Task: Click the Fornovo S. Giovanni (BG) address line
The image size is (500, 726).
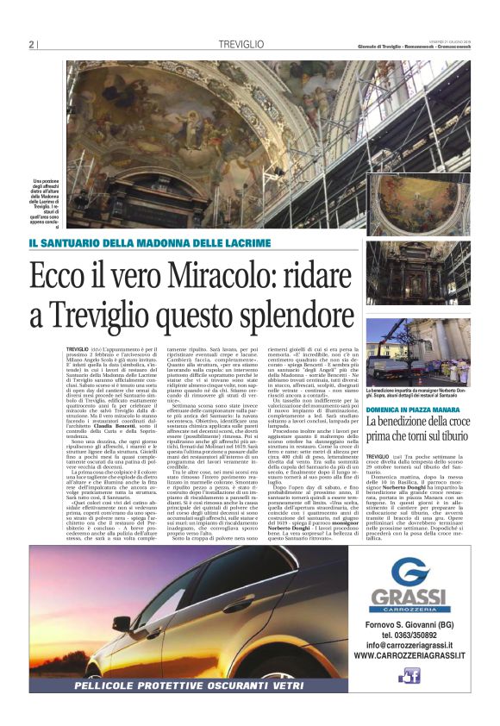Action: (417, 623)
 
